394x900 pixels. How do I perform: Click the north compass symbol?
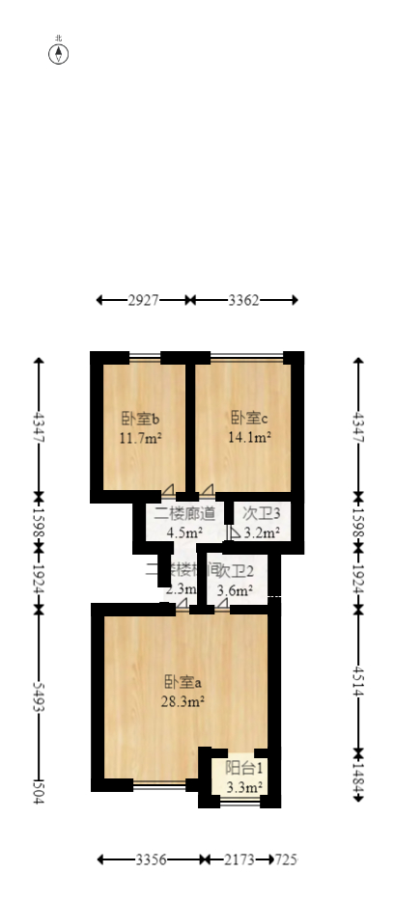click(x=59, y=53)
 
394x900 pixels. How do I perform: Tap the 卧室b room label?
click(x=140, y=419)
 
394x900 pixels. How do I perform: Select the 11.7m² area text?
click(x=140, y=437)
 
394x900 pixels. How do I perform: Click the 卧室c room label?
click(x=249, y=419)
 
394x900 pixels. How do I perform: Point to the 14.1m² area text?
click(x=249, y=437)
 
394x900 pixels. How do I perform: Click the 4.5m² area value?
click(x=184, y=532)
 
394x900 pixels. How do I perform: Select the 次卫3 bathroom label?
click(x=261, y=513)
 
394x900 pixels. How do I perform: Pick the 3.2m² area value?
click(x=261, y=532)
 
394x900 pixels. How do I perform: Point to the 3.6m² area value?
click(x=235, y=590)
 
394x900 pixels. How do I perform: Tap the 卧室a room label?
click(x=183, y=683)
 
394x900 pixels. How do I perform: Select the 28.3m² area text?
click(x=183, y=702)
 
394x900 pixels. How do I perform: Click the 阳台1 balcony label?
click(x=244, y=769)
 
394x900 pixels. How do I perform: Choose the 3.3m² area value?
click(x=244, y=788)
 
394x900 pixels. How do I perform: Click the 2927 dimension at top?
click(x=143, y=300)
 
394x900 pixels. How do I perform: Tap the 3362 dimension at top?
click(x=243, y=300)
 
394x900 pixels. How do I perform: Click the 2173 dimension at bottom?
click(x=240, y=859)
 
